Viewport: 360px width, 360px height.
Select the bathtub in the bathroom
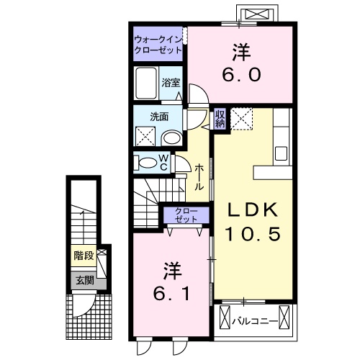click(148, 84)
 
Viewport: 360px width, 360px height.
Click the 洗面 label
click(159, 116)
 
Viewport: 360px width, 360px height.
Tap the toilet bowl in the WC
click(147, 162)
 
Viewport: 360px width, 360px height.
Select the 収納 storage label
click(220, 118)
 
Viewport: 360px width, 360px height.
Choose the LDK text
click(252, 210)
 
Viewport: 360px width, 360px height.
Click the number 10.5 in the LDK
click(252, 235)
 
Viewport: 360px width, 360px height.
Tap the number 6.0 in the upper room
click(241, 74)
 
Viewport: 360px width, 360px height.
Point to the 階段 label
click(84, 256)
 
